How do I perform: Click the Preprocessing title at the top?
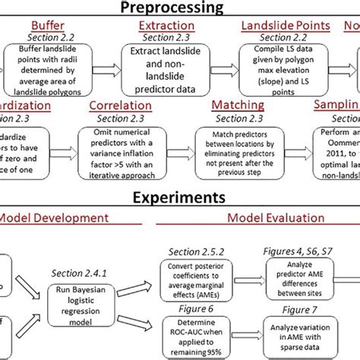click(x=175, y=8)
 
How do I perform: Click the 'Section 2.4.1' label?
click(x=78, y=273)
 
